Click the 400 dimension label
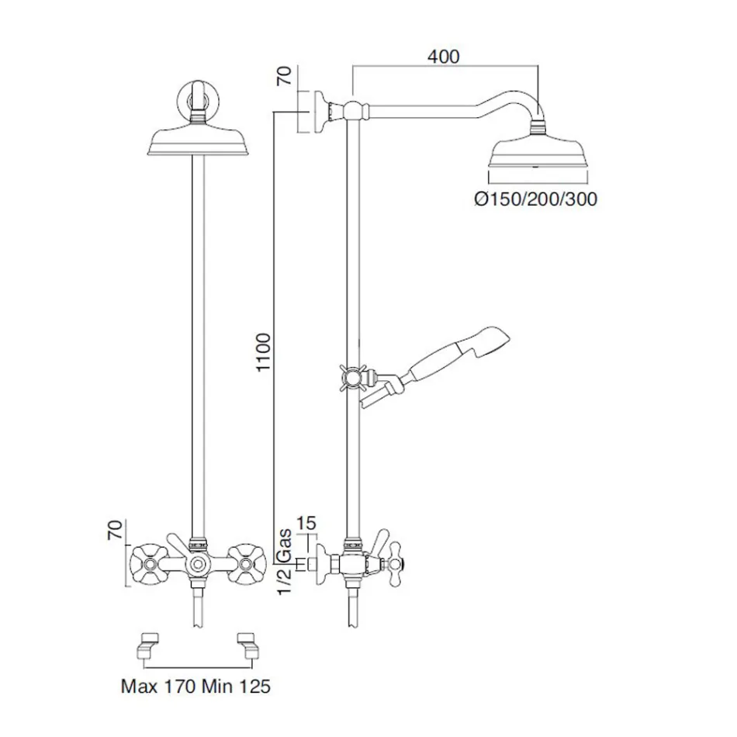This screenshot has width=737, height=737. pos(443,57)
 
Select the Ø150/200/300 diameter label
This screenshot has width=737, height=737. pos(535,199)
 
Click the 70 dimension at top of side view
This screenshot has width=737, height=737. pos(284,76)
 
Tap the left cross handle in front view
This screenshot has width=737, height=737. pos(148,559)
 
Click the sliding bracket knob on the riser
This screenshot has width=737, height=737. pos(353,379)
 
